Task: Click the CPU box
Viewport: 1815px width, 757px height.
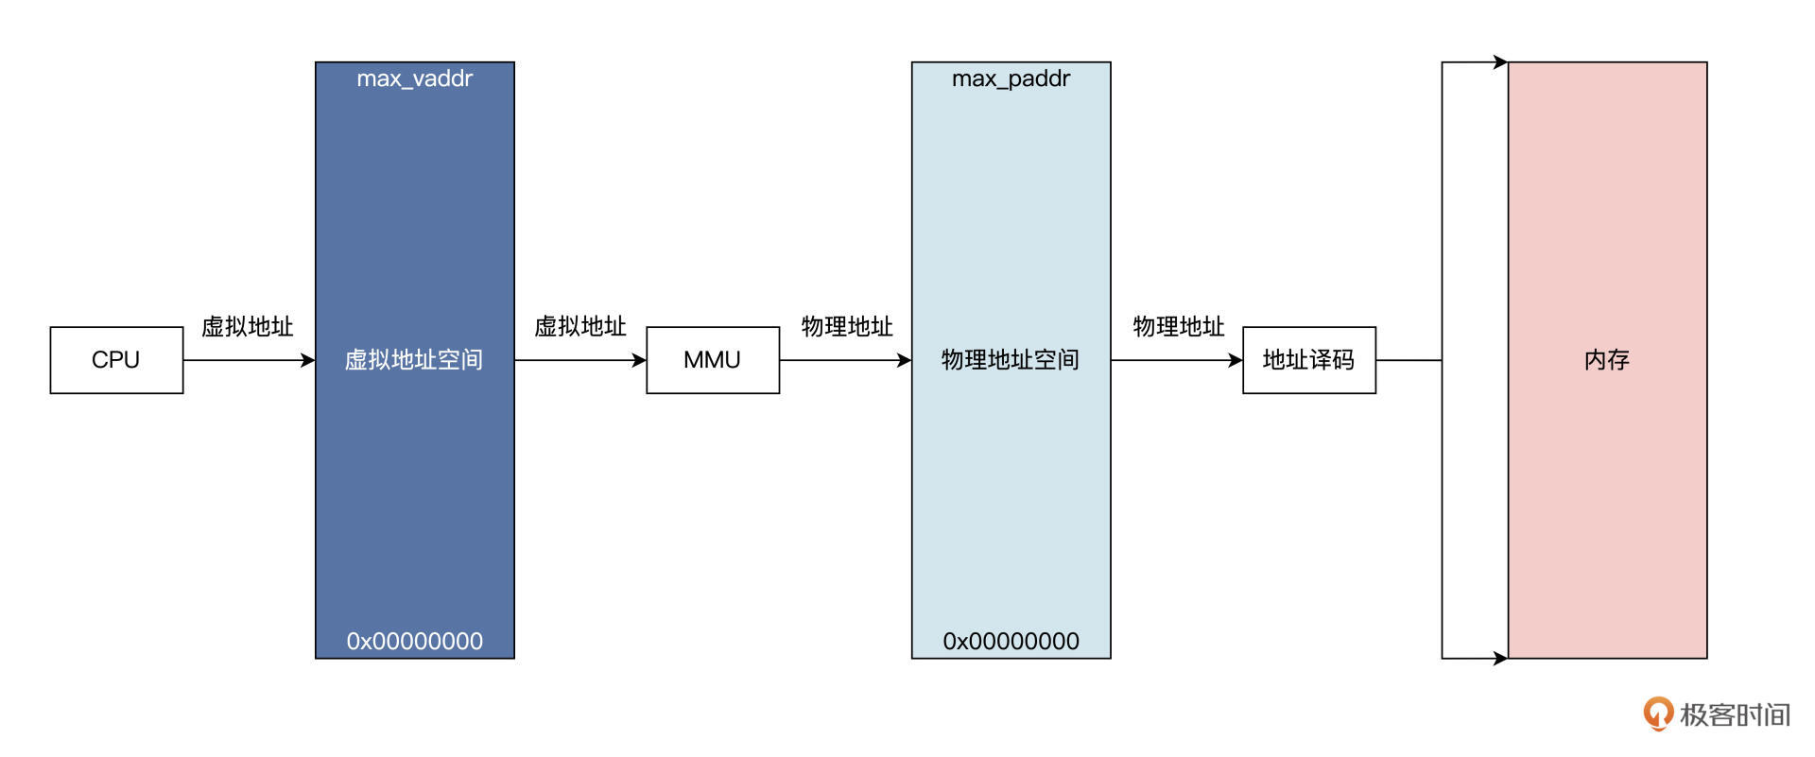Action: coord(116,360)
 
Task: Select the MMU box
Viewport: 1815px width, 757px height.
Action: coord(712,360)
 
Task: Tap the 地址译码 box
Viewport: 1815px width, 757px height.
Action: coord(1308,360)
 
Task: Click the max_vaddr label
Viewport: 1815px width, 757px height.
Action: coord(414,78)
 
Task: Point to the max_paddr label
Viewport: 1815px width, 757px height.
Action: coord(1011,78)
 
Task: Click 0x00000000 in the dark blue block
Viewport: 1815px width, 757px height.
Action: coord(414,641)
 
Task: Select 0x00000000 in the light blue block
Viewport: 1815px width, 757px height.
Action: coord(1011,641)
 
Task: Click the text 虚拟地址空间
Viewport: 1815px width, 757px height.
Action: coord(414,360)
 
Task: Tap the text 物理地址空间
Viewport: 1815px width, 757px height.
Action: coord(1011,360)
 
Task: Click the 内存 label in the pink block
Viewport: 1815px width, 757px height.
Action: coord(1607,360)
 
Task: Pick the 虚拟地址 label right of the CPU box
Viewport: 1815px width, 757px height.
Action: coord(248,327)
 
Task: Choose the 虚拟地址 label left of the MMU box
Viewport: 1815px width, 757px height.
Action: coord(580,327)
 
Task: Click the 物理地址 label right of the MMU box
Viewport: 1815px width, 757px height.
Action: coord(847,327)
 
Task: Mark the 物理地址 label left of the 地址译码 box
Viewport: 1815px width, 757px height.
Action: coord(1179,327)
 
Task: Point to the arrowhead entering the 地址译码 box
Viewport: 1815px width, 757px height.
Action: coord(1236,360)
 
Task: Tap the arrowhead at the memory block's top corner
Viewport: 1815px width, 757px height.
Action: coord(1500,62)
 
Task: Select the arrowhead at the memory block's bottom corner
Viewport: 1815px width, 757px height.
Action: coord(1500,658)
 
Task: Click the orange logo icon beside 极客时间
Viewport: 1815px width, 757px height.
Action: coord(1657,714)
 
